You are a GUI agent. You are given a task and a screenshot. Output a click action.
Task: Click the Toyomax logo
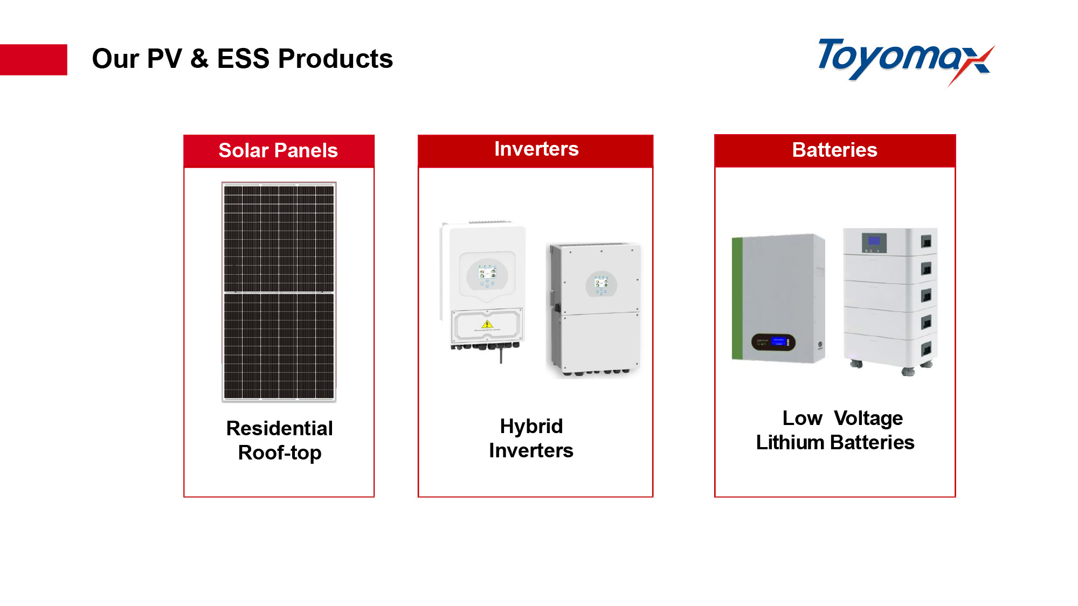pyautogui.click(x=906, y=61)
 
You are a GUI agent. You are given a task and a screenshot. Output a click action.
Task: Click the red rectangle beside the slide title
pyautogui.click(x=33, y=59)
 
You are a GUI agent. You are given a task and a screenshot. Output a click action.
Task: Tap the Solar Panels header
pyautogui.click(x=279, y=151)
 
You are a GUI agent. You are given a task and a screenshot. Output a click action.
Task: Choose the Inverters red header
pyautogui.click(x=536, y=151)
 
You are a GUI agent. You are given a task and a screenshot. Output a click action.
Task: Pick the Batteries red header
pyautogui.click(x=835, y=150)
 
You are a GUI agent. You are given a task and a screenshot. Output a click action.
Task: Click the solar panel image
pyautogui.click(x=279, y=292)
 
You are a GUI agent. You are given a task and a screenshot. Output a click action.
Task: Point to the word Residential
pyautogui.click(x=279, y=428)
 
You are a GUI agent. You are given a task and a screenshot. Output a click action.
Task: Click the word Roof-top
pyautogui.click(x=280, y=453)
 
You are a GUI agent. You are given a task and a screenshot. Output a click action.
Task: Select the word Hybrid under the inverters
pyautogui.click(x=531, y=426)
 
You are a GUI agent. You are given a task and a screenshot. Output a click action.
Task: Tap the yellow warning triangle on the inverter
pyautogui.click(x=487, y=324)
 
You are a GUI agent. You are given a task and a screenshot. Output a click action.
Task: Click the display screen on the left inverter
pyautogui.click(x=487, y=274)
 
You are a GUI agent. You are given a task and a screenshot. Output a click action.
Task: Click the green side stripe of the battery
pyautogui.click(x=737, y=298)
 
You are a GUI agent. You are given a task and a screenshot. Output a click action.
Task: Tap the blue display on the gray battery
pyautogui.click(x=778, y=341)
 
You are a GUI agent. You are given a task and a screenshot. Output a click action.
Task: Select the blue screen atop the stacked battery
pyautogui.click(x=874, y=240)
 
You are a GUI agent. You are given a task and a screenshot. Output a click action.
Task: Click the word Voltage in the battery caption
pyautogui.click(x=868, y=419)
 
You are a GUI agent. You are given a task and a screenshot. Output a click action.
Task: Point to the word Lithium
pyautogui.click(x=790, y=442)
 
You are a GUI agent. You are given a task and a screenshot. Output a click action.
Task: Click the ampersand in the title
pyautogui.click(x=199, y=58)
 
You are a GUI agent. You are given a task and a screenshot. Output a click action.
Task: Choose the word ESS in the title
pyautogui.click(x=243, y=58)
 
